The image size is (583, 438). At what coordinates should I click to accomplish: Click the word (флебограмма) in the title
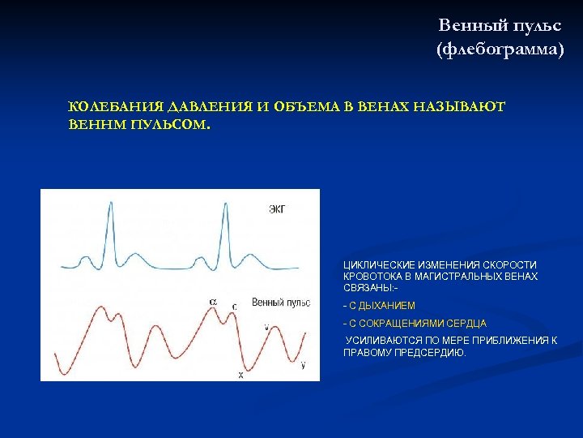click(500, 50)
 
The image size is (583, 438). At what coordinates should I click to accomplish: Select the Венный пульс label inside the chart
click(281, 303)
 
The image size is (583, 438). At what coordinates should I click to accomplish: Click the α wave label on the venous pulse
click(213, 302)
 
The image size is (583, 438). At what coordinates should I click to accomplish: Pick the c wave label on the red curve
click(235, 307)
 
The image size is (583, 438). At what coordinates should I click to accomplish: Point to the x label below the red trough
click(240, 376)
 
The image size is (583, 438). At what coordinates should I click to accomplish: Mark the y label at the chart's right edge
click(303, 366)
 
